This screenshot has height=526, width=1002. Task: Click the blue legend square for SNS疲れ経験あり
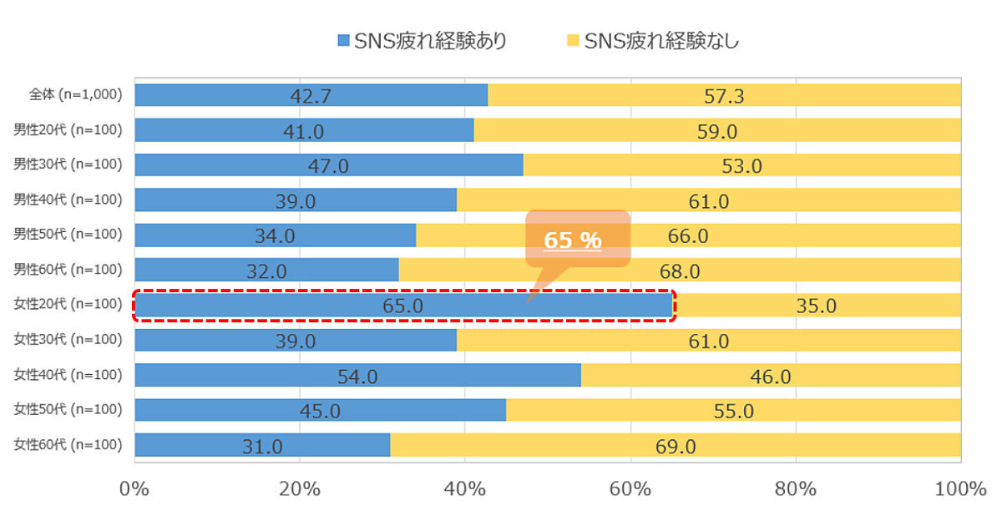pos(343,40)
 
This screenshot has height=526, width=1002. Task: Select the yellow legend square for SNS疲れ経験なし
pos(572,40)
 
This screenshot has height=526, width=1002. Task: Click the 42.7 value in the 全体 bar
pos(311,96)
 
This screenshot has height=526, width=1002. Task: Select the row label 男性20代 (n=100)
pos(68,129)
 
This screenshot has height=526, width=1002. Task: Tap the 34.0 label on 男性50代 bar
pos(275,235)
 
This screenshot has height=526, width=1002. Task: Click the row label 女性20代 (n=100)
pos(68,305)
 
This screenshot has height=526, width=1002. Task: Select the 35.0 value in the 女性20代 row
pos(816,306)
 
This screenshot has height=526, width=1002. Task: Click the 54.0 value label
pos(357,376)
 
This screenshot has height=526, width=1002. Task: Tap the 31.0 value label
pos(262,446)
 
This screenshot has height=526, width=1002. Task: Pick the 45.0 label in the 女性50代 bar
pos(320,411)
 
